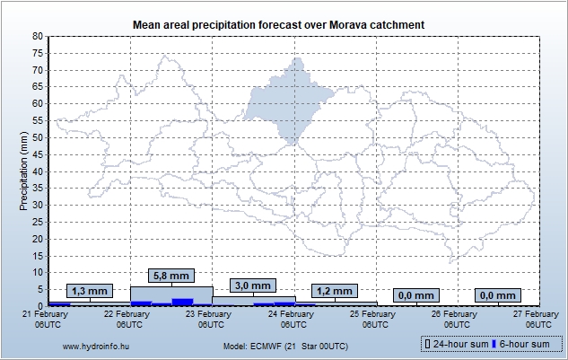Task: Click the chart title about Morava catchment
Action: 278,23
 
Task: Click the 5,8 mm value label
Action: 171,276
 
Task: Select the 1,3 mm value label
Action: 89,291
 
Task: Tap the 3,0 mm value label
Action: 252,285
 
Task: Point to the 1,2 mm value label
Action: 335,291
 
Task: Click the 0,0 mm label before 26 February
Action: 416,294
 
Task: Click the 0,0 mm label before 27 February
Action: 498,294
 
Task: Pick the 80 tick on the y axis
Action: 37,36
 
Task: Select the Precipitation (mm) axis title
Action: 24,171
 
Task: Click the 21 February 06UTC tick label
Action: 46,319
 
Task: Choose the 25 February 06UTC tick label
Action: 373,319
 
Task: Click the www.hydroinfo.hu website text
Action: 94,345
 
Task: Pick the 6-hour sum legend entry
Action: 525,345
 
